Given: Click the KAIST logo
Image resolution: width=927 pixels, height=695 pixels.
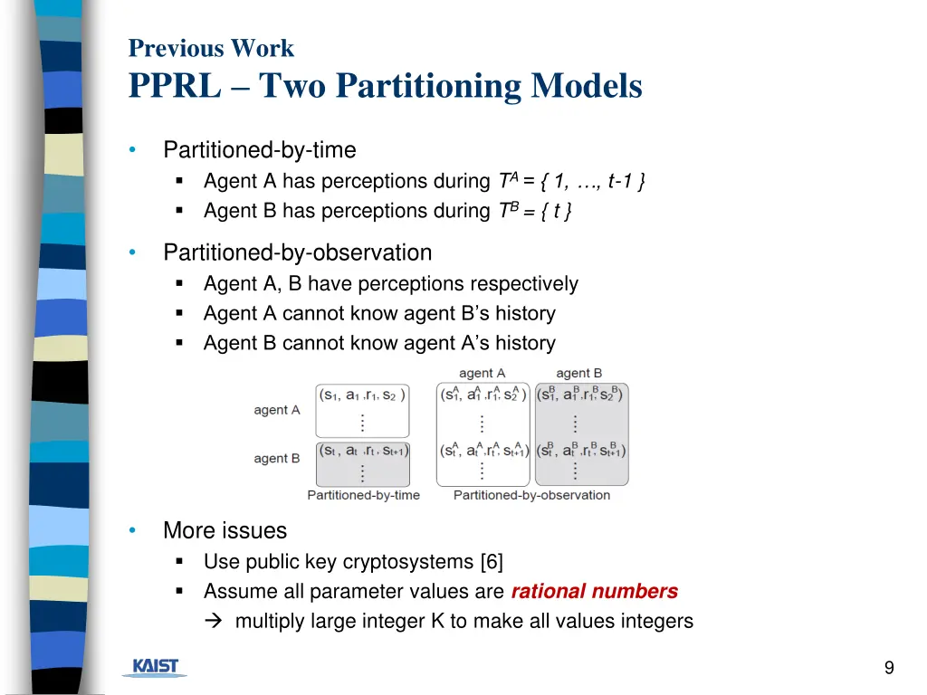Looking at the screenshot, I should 155,668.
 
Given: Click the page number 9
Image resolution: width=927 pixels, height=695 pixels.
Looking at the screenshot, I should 889,668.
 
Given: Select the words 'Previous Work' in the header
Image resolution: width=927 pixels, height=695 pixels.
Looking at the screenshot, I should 211,48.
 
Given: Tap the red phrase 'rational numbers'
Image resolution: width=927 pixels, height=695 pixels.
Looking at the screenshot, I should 594,591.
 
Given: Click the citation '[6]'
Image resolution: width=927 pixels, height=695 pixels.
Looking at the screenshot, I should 492,561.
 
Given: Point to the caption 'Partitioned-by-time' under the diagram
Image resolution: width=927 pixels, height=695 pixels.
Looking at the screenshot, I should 363,495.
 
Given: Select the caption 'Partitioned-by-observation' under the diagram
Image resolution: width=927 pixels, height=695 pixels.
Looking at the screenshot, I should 531,495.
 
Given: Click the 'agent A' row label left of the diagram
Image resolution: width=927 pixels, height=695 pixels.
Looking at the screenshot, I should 277,410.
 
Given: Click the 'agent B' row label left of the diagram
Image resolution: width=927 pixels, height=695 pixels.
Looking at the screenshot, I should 277,459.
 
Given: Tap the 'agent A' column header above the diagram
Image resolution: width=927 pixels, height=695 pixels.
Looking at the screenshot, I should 482,373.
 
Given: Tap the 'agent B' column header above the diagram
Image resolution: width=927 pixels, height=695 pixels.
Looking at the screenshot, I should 579,373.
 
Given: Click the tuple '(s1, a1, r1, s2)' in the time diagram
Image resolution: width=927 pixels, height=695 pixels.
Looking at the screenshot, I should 362,395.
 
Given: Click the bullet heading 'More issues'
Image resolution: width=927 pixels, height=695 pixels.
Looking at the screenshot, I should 225,530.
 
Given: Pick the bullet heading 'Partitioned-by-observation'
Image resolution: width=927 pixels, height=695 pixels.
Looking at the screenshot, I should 297,252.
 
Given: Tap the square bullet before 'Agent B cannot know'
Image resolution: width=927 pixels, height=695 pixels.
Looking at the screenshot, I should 180,343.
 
